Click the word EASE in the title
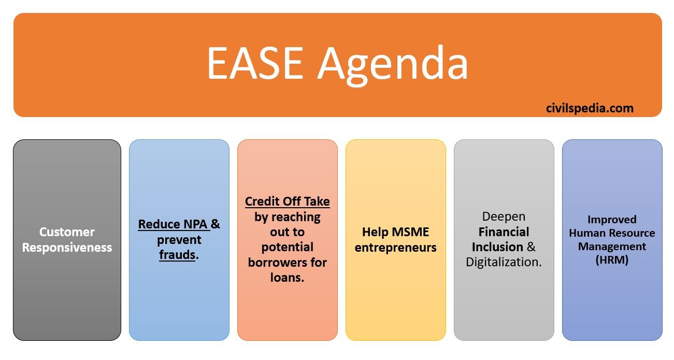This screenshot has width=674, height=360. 255,63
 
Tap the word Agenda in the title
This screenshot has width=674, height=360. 393,66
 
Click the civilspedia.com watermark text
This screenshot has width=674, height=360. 590,108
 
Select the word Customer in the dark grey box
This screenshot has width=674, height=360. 67,232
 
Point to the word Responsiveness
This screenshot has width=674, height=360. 67,248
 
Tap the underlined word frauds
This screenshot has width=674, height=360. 177,255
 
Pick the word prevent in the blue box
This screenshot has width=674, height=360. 179,240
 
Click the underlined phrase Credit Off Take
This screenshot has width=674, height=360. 288,201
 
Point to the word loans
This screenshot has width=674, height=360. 287,277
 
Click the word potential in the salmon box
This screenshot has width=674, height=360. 288,247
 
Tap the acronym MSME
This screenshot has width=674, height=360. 410,232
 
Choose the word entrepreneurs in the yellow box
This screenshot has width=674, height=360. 395,248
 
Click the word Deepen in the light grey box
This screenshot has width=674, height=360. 504,217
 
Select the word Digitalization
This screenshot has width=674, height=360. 504,262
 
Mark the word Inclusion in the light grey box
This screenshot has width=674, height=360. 497,247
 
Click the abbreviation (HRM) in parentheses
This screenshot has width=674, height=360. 612,260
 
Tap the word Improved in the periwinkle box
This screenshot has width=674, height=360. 612,220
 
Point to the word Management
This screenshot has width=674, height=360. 612,247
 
